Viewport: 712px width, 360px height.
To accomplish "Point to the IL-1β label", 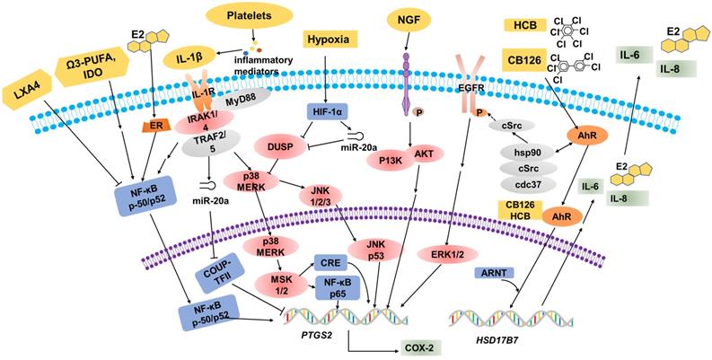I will pos(183,57).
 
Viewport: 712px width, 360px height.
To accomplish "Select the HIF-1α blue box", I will pos(329,112).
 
